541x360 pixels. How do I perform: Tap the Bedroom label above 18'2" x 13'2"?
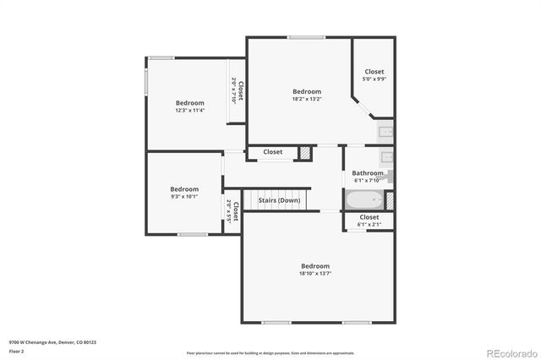click(307, 91)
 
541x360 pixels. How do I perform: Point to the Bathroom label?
click(369, 173)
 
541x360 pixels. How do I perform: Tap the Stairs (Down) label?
click(278, 200)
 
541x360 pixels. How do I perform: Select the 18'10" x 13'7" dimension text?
click(314, 273)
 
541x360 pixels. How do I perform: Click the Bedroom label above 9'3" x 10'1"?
click(184, 189)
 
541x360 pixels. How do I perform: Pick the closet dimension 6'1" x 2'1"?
click(369, 225)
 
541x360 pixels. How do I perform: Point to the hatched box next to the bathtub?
click(389, 200)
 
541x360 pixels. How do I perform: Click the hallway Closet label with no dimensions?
click(272, 152)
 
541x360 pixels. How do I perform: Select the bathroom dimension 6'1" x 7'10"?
click(369, 180)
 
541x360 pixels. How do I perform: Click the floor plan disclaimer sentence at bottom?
click(270, 352)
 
